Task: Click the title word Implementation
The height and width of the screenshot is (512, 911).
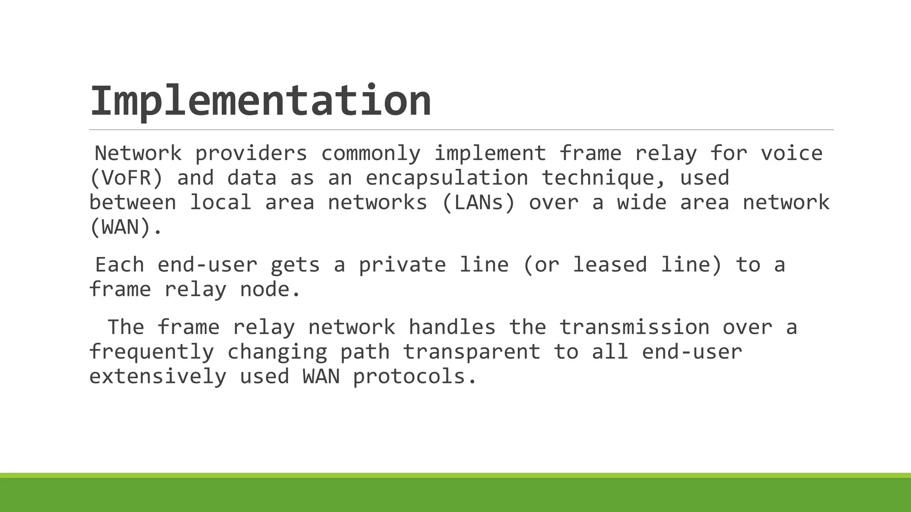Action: pyautogui.click(x=261, y=101)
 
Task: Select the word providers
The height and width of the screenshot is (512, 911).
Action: pyautogui.click(x=251, y=154)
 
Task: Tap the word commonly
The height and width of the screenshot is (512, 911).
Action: pyautogui.click(x=371, y=154)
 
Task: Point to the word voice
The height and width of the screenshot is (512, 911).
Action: pyautogui.click(x=791, y=154)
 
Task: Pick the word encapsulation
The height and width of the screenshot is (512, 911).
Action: pyautogui.click(x=447, y=178)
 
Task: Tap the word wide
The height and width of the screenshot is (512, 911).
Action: pyautogui.click(x=641, y=203)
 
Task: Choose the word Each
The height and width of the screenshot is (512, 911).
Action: pyautogui.click(x=120, y=265)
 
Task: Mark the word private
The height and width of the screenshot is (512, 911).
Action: pyautogui.click(x=402, y=265)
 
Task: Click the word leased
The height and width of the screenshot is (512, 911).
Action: pyautogui.click(x=609, y=265)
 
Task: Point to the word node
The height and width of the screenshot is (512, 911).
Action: pyautogui.click(x=270, y=290)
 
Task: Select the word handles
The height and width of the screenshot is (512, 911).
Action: pyautogui.click(x=452, y=328)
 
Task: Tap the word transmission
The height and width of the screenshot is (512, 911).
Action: pyautogui.click(x=634, y=328)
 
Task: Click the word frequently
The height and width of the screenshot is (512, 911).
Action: pyautogui.click(x=152, y=352)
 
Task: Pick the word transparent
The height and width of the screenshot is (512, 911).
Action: pyautogui.click(x=472, y=352)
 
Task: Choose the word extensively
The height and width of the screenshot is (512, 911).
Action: pyautogui.click(x=158, y=377)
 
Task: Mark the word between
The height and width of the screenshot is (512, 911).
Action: pyautogui.click(x=133, y=203)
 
